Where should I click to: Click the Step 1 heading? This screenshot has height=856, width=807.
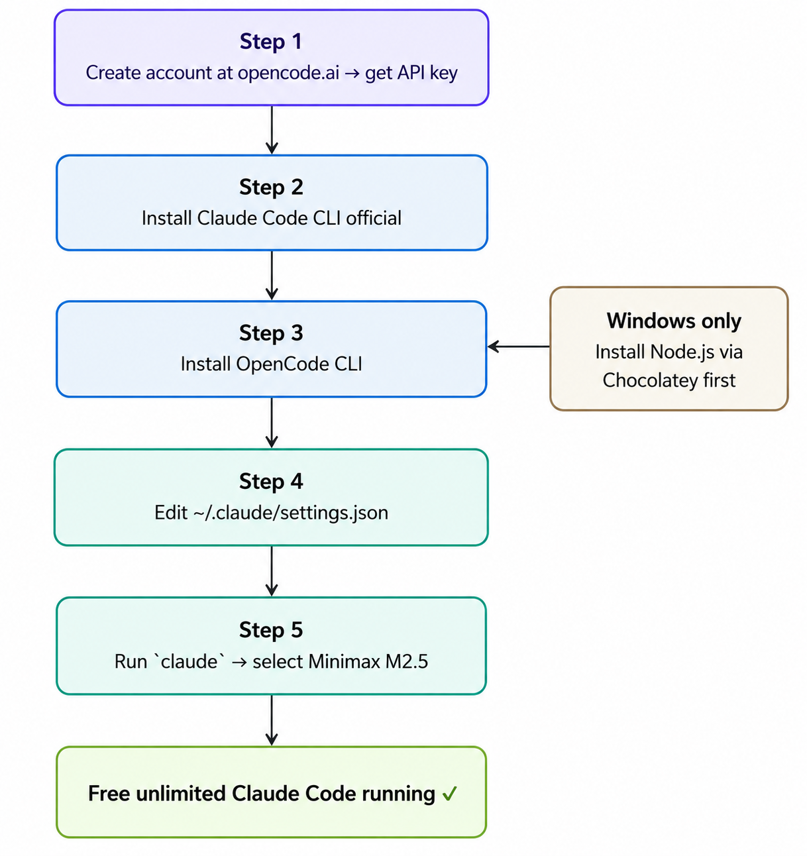pyautogui.click(x=271, y=42)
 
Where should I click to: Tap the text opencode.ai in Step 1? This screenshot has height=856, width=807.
pyautogui.click(x=288, y=72)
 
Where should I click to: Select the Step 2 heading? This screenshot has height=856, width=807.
pyautogui.click(x=271, y=187)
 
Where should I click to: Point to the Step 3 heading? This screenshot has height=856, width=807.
pyautogui.click(x=271, y=333)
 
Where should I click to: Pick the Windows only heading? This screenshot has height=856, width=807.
pyautogui.click(x=674, y=321)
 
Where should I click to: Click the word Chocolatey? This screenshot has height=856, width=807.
pyautogui.click(x=650, y=380)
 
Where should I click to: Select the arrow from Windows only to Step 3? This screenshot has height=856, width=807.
pyautogui.click(x=519, y=346)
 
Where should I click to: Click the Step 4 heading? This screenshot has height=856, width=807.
pyautogui.click(x=271, y=482)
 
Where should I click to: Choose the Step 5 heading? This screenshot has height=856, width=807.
pyautogui.click(x=271, y=630)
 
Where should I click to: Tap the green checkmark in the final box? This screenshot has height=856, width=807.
pyautogui.click(x=450, y=794)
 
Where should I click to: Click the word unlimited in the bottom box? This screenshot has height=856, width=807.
pyautogui.click(x=181, y=794)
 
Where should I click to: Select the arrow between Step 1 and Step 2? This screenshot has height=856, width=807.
pyautogui.click(x=272, y=130)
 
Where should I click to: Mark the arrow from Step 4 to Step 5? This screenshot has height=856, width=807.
pyautogui.click(x=272, y=571)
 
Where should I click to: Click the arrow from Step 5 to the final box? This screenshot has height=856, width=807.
pyautogui.click(x=272, y=720)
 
